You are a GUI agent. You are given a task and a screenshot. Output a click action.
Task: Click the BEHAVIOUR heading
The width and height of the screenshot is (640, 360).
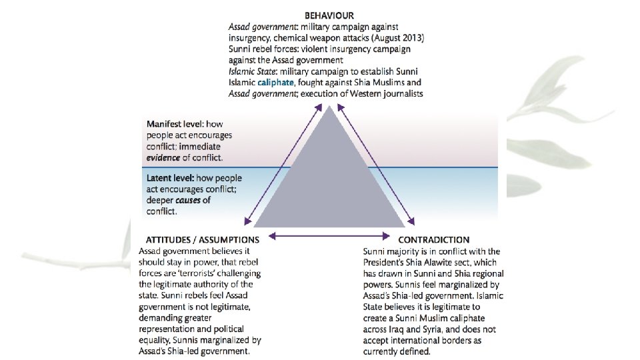coord(329,15)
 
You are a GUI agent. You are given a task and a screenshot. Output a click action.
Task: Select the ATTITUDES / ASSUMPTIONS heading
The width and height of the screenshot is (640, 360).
coord(199,239)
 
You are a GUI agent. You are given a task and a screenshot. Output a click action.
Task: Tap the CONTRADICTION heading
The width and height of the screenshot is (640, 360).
coord(433,239)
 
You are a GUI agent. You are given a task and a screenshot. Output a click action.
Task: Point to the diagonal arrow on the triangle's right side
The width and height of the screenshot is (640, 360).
coord(375,167)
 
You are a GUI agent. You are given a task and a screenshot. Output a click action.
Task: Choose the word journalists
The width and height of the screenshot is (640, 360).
coord(400,94)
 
